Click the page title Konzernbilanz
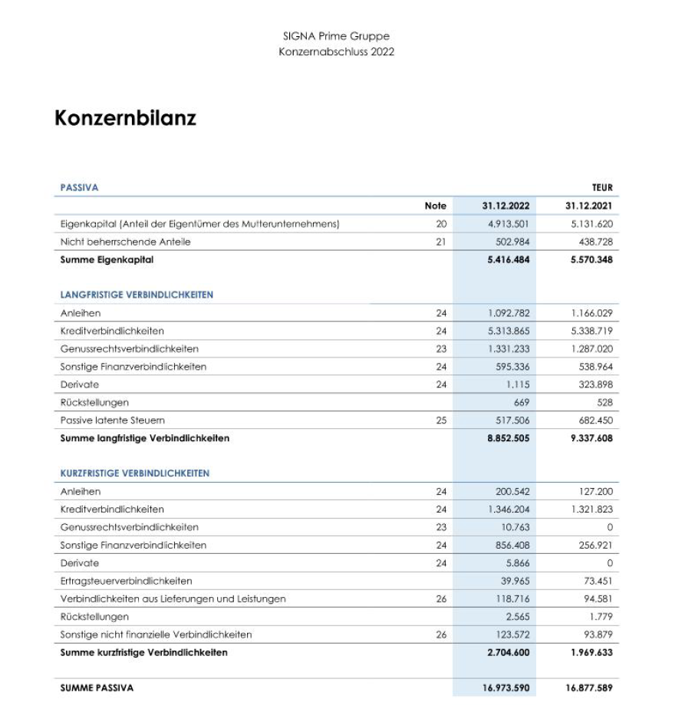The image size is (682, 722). click(x=125, y=118)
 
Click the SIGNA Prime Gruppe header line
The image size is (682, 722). click(x=336, y=36)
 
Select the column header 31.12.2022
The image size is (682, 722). click(x=506, y=206)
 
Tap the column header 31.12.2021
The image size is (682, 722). click(x=588, y=206)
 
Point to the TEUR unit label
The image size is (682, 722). click(x=602, y=187)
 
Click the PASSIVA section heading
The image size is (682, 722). click(x=79, y=187)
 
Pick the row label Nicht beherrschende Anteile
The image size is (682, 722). click(x=125, y=242)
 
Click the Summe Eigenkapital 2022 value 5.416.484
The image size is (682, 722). click(x=508, y=259)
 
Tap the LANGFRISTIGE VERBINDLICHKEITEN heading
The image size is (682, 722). click(x=137, y=295)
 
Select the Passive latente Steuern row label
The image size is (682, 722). click(x=112, y=420)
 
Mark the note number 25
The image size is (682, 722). click(x=440, y=420)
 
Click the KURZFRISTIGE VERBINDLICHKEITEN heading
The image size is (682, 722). click(x=134, y=473)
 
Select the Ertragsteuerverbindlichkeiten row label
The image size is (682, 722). click(x=126, y=581)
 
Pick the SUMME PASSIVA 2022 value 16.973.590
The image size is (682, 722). click(x=506, y=688)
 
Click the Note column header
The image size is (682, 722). click(x=435, y=206)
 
